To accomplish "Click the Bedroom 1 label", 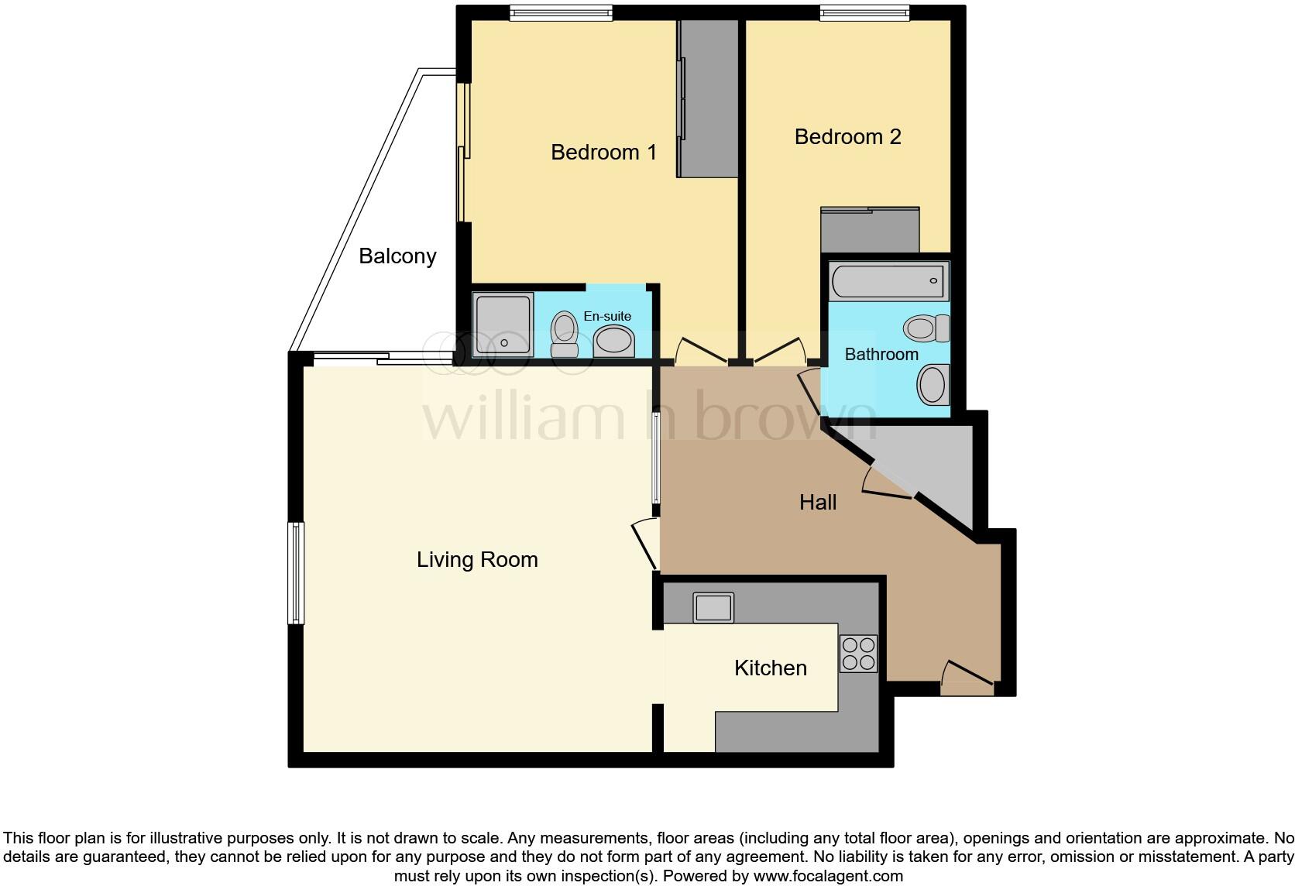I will point(603,152).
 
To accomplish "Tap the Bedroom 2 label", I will point(847,137).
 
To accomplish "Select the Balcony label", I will point(397,256).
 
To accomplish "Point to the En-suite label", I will point(607,316).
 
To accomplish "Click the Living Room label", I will point(477,560).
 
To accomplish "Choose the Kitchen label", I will point(770,668).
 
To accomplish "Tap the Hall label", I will point(818,503).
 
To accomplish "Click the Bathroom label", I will point(881,355).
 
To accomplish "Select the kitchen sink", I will point(713,607).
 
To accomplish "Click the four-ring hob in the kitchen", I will point(858,653).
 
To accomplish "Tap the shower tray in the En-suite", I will point(503,325).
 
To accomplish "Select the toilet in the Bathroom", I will point(926,328).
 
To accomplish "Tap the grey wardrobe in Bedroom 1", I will point(708,99).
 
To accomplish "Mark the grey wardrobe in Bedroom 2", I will point(870,230).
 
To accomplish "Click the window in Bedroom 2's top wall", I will point(864,12).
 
